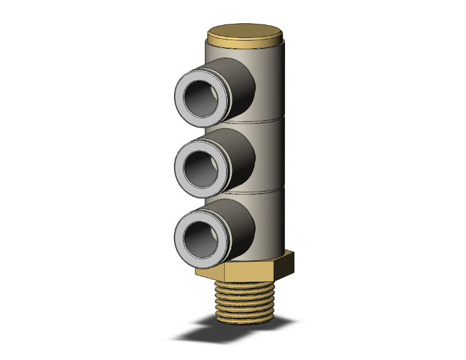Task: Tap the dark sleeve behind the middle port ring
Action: click(241, 157)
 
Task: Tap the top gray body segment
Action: click(272, 81)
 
